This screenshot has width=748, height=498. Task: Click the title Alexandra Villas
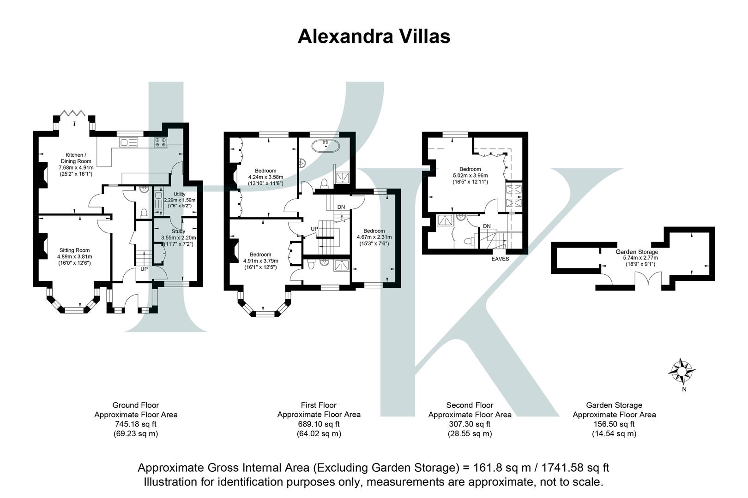click(374, 36)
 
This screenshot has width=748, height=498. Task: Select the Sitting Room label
click(74, 256)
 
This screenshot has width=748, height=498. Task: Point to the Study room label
click(178, 237)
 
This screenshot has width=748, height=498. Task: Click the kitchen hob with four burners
click(160, 142)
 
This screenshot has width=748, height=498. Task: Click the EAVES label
click(500, 259)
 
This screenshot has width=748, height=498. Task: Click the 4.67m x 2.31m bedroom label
click(374, 237)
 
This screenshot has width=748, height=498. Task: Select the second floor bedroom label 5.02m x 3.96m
click(470, 175)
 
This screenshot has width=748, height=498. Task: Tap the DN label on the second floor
click(487, 226)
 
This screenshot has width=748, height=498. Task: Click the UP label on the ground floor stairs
click(144, 269)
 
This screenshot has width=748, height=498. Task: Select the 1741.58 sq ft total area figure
click(571, 468)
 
